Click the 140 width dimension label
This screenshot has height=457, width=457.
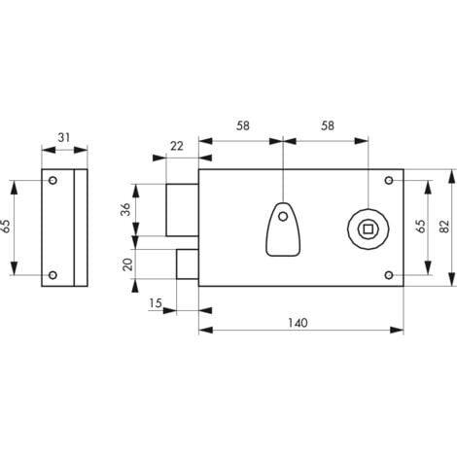point(298,323)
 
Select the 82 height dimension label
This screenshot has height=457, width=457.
point(444,227)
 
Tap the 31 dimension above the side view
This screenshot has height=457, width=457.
point(64,137)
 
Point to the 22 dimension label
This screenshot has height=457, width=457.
point(177,146)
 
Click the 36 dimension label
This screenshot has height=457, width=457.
point(125,209)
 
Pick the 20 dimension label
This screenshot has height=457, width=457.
point(128,264)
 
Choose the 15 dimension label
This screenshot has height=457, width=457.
point(156,303)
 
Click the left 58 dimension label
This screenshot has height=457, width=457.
point(243,125)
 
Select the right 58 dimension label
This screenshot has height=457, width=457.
point(328,125)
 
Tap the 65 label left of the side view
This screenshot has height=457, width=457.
point(5,226)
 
